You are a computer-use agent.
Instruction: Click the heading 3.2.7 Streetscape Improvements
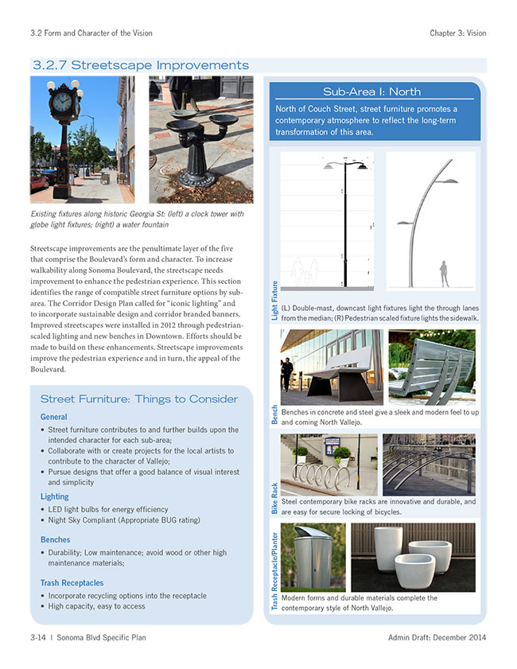coord(140,65)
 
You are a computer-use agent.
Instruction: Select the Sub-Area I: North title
coord(371,91)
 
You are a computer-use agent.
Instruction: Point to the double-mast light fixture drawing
coord(328,220)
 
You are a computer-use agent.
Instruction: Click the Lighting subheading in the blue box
coord(55,497)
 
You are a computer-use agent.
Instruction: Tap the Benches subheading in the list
coord(56,540)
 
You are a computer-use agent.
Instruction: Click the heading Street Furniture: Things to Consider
coord(139,399)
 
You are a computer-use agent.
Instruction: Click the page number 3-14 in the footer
coord(38,638)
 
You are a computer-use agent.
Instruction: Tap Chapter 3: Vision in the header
coord(457,33)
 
